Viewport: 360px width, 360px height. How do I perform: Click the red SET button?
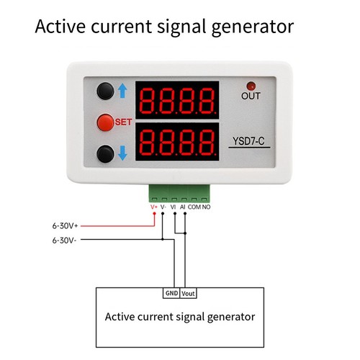point(105,122)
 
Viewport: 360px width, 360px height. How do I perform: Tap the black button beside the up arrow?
point(105,91)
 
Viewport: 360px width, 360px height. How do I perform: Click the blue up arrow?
point(122,91)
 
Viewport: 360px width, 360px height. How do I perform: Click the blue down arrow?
point(122,153)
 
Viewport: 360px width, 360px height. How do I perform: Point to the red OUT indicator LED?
point(251,86)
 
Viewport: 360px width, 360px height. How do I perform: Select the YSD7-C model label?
point(248,141)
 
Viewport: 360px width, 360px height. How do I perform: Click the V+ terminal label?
point(154,207)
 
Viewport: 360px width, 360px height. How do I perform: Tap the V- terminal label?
point(163,207)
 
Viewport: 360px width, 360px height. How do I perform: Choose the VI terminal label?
point(173,207)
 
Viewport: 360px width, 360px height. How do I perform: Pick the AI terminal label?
point(183,207)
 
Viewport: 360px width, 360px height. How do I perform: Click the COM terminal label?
point(194,207)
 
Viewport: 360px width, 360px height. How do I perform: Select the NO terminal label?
point(206,207)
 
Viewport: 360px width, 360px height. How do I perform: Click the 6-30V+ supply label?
point(65,226)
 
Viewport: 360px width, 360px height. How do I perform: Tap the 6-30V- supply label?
point(64,240)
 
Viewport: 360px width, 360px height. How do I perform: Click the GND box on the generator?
point(171,293)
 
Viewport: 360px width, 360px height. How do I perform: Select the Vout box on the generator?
point(188,293)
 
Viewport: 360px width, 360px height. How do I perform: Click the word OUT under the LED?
point(251,96)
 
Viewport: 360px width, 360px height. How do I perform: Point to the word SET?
point(123,122)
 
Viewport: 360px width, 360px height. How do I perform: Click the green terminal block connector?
point(179,194)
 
